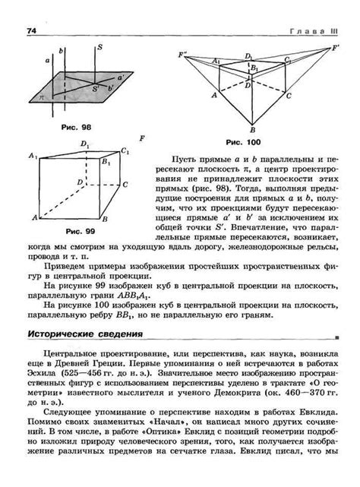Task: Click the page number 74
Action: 32,30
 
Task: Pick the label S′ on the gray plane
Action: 96,90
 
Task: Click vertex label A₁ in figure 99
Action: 33,156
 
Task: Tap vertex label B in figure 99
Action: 103,220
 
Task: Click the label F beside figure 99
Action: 142,138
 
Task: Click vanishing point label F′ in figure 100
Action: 336,49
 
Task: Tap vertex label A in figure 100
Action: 214,96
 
